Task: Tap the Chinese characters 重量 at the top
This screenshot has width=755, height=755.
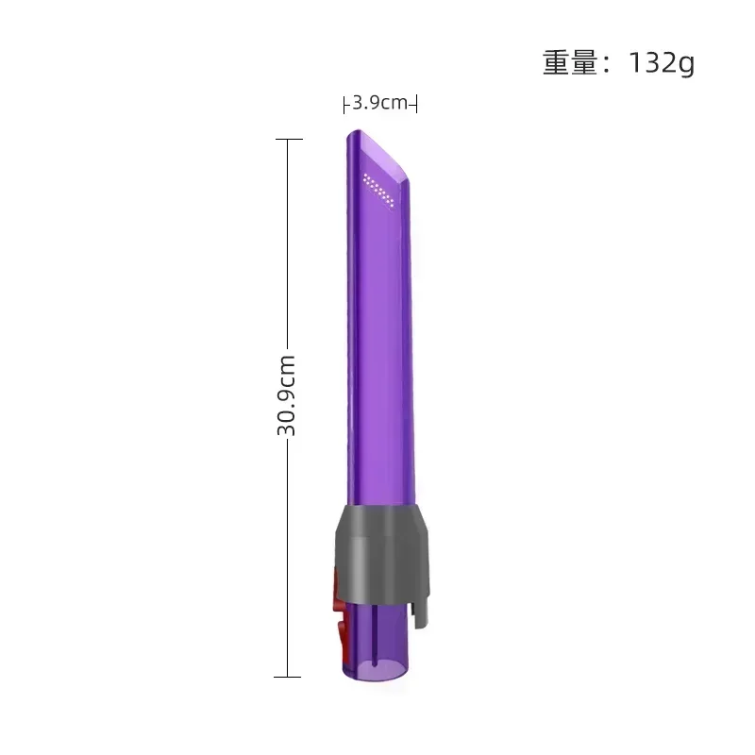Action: pos(572,62)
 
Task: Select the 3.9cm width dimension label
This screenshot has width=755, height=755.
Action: pos(380,103)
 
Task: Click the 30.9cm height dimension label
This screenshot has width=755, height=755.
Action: pos(287,394)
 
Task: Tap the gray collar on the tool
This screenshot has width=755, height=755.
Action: pos(377,552)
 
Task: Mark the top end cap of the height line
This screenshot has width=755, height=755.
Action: pos(287,140)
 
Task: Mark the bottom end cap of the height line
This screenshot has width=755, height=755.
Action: pos(287,676)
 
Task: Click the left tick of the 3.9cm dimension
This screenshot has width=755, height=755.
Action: pos(344,104)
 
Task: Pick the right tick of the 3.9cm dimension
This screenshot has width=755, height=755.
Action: pos(416,104)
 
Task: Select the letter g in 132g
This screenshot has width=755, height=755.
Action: pos(685,65)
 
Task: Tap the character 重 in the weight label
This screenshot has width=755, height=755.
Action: pos(557,62)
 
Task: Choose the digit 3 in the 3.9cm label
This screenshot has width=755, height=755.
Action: pos(357,103)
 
